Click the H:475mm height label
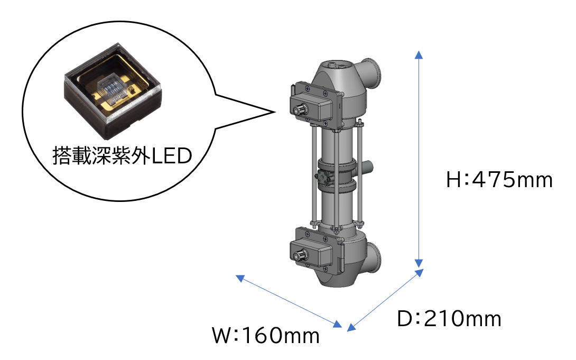pos(499,180)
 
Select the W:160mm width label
pos(266,336)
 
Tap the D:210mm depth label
pos(449,319)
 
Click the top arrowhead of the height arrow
pos(419,55)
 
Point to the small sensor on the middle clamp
pos(323,178)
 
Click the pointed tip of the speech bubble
pos(275,112)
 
